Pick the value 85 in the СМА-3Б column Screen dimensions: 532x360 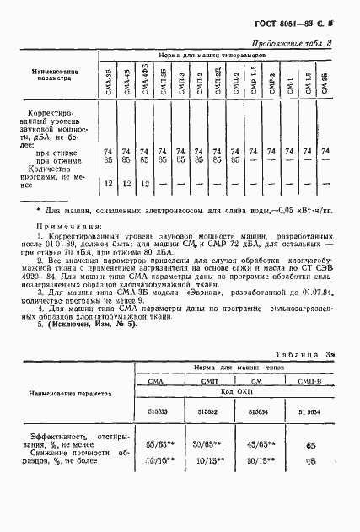pyautogui.click(x=108, y=157)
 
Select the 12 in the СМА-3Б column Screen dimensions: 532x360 pyautogui.click(x=108, y=183)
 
